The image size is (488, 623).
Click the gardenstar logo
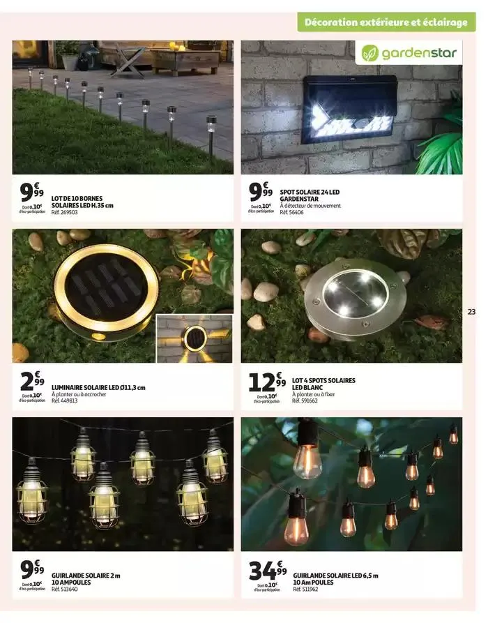pyautogui.click(x=409, y=52)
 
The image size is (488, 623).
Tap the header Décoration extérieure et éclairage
pyautogui.click(x=386, y=22)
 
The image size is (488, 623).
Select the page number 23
pyautogui.click(x=472, y=312)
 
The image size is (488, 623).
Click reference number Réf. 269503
pyautogui.click(x=65, y=212)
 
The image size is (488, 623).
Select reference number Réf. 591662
pyautogui.click(x=305, y=401)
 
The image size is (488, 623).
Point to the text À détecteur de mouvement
pyautogui.click(x=310, y=205)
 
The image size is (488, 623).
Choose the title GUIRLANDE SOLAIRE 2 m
pyautogui.click(x=86, y=576)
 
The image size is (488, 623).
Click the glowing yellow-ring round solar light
pyautogui.click(x=107, y=287)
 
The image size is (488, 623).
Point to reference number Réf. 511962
pyautogui.click(x=306, y=590)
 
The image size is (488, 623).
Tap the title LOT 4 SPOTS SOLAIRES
pyautogui.click(x=323, y=380)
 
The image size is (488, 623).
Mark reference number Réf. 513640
pyautogui.click(x=65, y=590)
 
